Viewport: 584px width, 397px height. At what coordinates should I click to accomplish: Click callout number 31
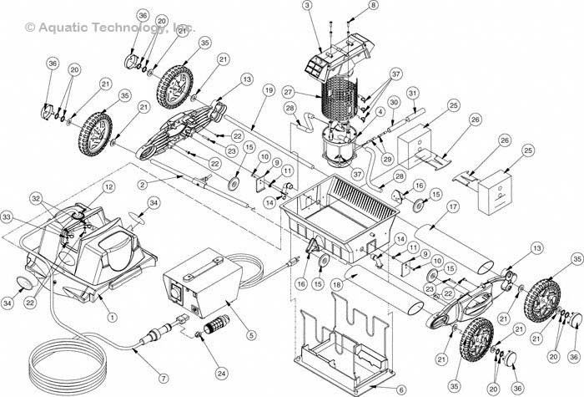coord(412,92)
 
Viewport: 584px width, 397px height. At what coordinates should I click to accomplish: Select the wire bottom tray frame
coord(342,343)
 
